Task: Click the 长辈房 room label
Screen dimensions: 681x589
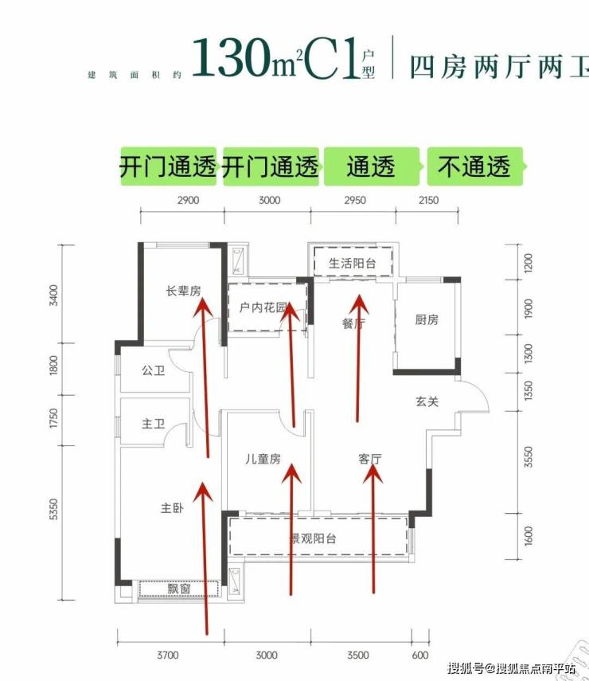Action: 182,292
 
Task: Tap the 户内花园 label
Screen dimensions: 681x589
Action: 256,307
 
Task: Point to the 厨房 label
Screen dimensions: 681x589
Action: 427,320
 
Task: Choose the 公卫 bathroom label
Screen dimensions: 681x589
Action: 153,371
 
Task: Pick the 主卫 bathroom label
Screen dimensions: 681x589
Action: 153,425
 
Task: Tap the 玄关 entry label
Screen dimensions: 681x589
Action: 427,402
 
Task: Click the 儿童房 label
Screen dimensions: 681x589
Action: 263,459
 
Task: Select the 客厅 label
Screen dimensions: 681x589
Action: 370,459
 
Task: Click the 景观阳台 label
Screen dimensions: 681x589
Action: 312,539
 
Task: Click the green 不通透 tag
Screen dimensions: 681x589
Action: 474,167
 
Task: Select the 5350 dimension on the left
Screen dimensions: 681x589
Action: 54,510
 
